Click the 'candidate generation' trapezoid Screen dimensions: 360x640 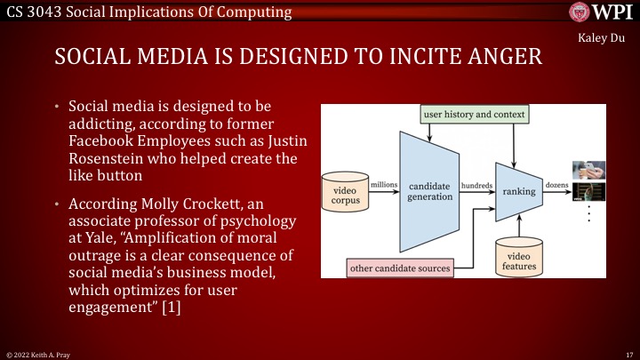tap(430, 190)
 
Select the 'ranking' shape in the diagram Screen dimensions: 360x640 tap(519, 190)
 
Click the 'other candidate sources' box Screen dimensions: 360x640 tap(400, 267)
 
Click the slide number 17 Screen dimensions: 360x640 tap(628, 353)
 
